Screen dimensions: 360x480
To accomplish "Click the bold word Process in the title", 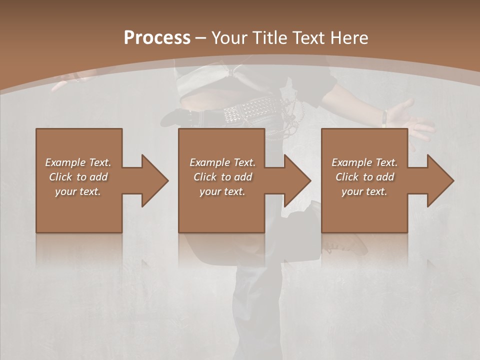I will (x=157, y=38).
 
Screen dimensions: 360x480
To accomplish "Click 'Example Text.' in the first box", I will (x=78, y=162).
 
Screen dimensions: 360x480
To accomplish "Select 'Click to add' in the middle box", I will (x=222, y=177).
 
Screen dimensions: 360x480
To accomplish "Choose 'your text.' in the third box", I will (x=364, y=191).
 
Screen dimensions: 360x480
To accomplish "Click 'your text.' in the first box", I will (x=78, y=191).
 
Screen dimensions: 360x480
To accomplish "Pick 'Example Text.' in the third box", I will (x=364, y=162).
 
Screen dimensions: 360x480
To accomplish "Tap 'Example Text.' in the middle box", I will (x=222, y=162).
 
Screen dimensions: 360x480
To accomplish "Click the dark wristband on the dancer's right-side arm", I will (x=384, y=118).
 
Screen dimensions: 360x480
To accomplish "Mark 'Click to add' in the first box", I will (x=78, y=177).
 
